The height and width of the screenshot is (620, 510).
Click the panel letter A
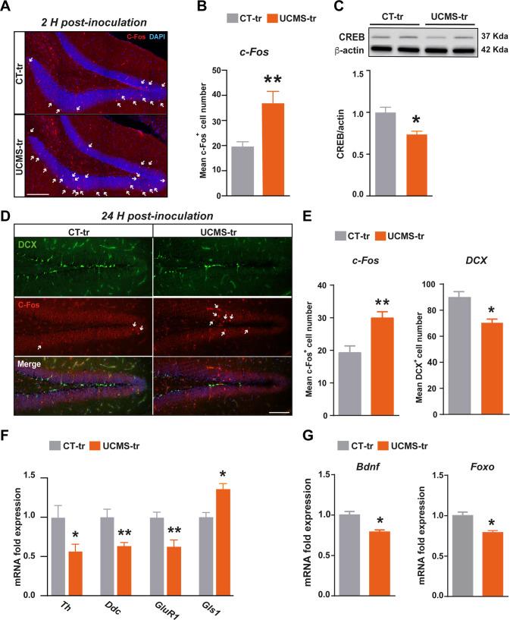coord(7,7)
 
